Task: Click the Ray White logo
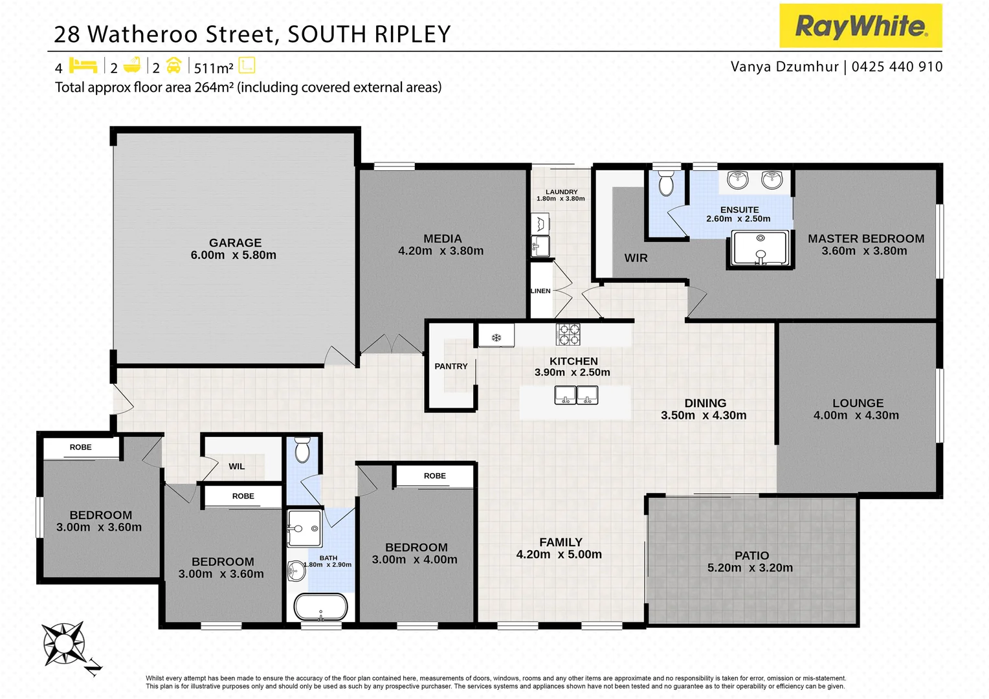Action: click(x=860, y=26)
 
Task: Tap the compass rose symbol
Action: click(x=64, y=643)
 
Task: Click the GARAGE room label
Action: click(x=235, y=243)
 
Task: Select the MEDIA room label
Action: click(x=442, y=238)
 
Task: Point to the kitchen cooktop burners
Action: click(x=568, y=334)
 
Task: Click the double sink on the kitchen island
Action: click(x=576, y=395)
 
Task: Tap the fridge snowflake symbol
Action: click(x=496, y=337)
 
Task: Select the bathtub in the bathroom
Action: click(x=321, y=607)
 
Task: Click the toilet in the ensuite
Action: click(x=666, y=184)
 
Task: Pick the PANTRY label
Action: click(x=450, y=366)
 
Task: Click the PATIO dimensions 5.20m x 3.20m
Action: click(x=750, y=568)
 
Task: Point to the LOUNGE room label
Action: click(x=858, y=403)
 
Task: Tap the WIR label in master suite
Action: click(x=636, y=258)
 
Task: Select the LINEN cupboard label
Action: click(x=540, y=291)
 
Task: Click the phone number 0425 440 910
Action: click(x=897, y=67)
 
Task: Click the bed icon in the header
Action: click(x=82, y=65)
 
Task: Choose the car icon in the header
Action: click(x=173, y=65)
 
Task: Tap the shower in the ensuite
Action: click(x=761, y=249)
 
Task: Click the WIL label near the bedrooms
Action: click(x=236, y=466)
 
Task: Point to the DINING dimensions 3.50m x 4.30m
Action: click(x=704, y=415)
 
